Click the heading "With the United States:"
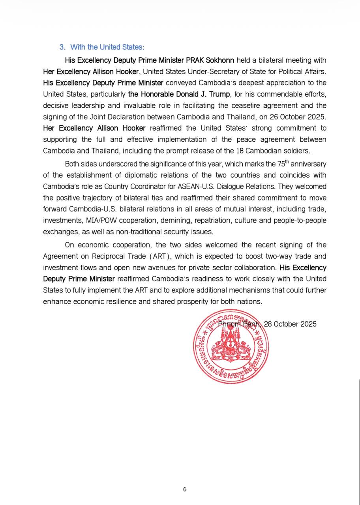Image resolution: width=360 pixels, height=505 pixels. tap(107, 47)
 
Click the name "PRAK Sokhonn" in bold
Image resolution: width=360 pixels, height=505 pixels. tap(216, 60)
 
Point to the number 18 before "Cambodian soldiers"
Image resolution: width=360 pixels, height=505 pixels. tap(241, 151)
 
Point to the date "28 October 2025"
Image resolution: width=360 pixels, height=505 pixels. tap(290, 324)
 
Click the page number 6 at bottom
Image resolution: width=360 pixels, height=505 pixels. tap(185, 489)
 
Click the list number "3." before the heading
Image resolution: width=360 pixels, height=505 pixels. tap(62, 47)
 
